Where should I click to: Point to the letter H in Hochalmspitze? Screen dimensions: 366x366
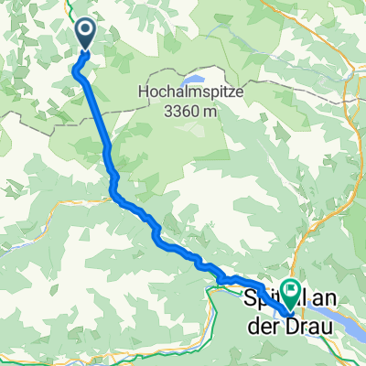142,92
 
